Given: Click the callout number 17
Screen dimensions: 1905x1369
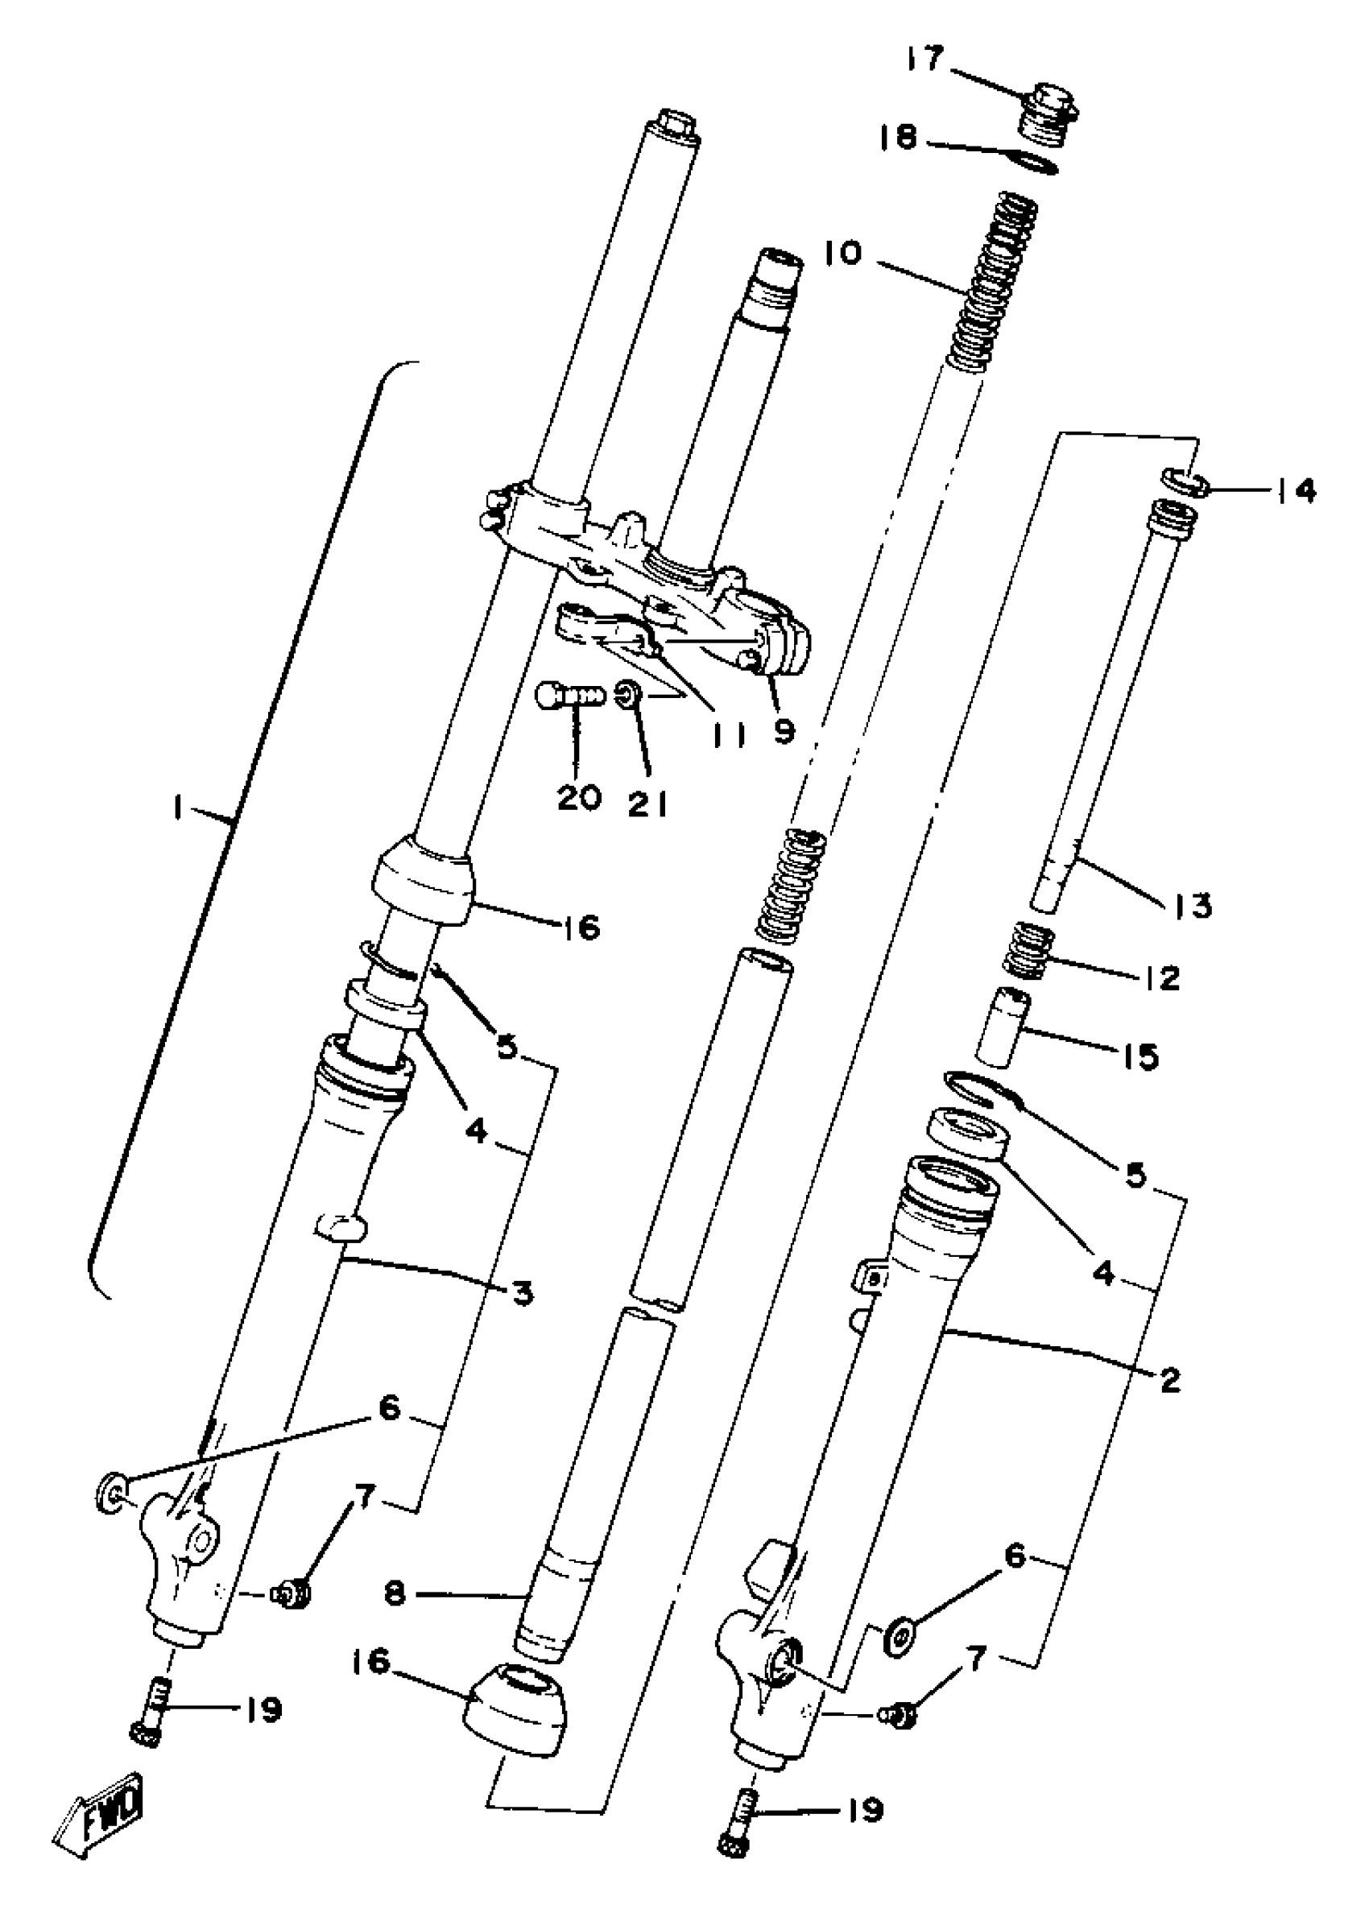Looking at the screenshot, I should click(x=925, y=60).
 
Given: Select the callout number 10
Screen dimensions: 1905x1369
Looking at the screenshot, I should click(x=843, y=252).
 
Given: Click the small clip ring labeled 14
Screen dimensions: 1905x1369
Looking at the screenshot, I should click(x=1185, y=481).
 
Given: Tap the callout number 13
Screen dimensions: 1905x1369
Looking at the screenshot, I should click(x=1193, y=906).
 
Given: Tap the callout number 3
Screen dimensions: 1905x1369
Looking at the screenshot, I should click(x=523, y=1294).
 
